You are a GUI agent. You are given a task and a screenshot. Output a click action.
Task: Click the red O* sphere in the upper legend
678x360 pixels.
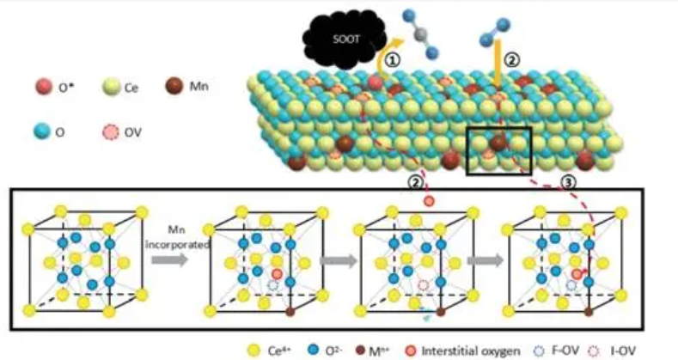pos(42,88)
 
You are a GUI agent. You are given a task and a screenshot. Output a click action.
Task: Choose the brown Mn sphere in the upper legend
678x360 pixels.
pos(173,88)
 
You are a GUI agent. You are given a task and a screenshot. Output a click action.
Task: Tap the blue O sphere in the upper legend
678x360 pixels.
pos(42,131)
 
